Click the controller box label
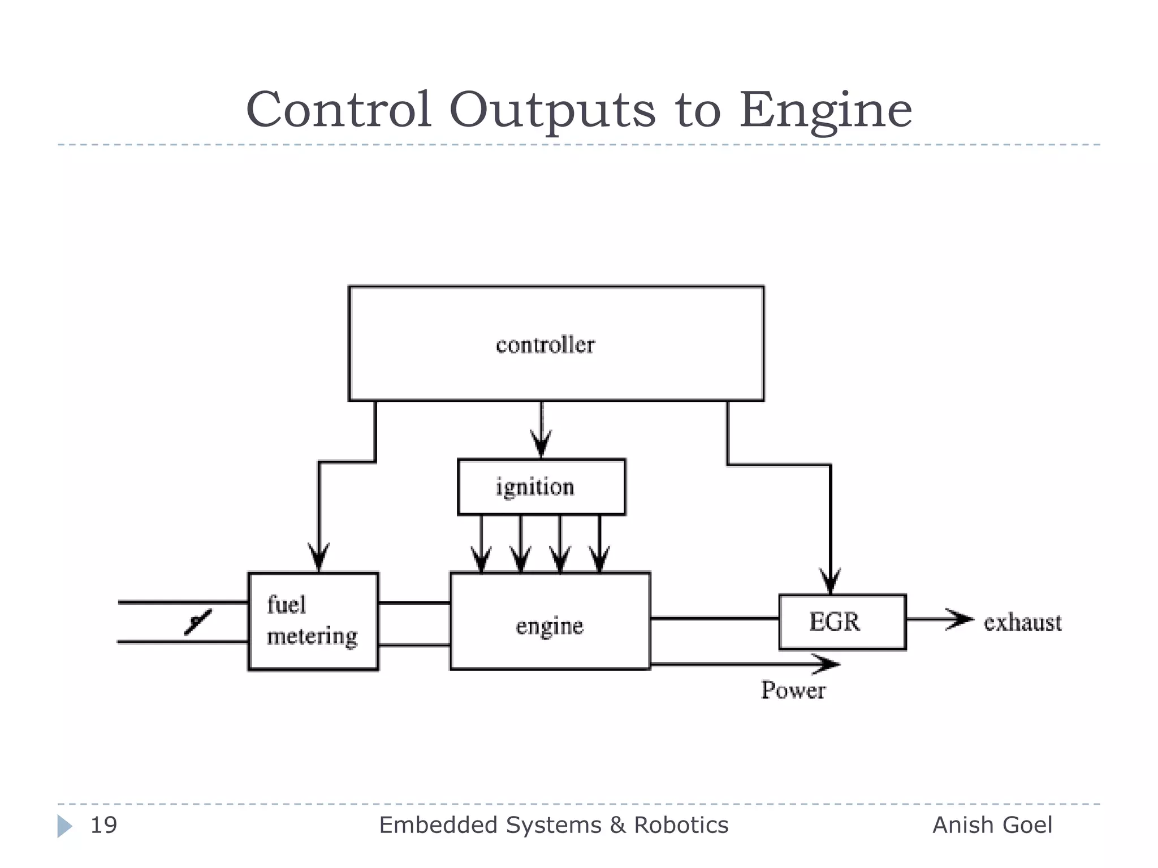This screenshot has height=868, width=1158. [x=545, y=345]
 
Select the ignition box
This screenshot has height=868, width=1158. [x=541, y=487]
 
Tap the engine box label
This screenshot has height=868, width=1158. [x=550, y=626]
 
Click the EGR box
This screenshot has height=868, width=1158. [x=842, y=622]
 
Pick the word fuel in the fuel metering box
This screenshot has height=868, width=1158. [x=287, y=605]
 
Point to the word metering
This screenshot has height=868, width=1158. [x=312, y=636]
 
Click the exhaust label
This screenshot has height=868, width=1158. [x=1022, y=622]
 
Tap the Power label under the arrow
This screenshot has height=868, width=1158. [x=793, y=690]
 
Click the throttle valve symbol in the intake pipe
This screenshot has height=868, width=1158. [x=197, y=622]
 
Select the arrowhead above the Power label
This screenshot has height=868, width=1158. [x=827, y=664]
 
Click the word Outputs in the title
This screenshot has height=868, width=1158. [x=552, y=110]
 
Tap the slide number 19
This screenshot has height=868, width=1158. [x=104, y=825]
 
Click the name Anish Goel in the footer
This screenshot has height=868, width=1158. [x=992, y=825]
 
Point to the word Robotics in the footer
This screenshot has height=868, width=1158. [x=681, y=825]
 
